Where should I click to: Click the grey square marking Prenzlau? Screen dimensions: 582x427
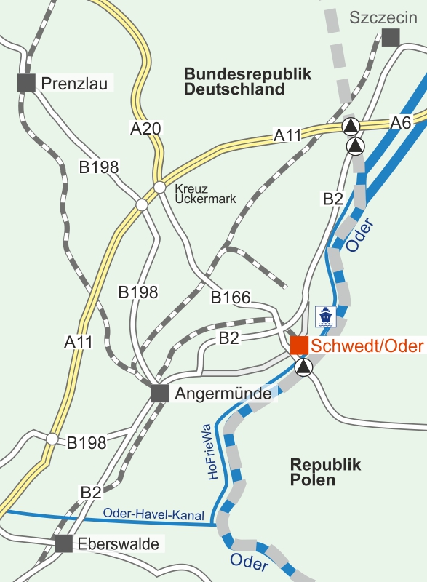pos(26,82)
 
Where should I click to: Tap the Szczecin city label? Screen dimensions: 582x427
pos(378,17)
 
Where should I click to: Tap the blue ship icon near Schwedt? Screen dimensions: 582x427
pos(324,316)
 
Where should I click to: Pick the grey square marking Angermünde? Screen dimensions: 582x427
pos(160,394)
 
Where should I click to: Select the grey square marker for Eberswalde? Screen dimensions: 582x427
pos(64,543)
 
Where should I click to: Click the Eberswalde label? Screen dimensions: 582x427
pos(120,543)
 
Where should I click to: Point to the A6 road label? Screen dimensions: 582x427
pos(401,122)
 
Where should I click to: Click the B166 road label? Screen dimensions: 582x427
pos(231,298)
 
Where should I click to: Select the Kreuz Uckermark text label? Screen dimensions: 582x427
pos(205,193)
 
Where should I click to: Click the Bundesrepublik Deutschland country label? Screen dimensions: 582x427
pos(247,82)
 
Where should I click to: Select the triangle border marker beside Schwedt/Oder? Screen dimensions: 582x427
pos(303,367)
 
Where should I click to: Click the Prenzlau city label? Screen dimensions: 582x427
pos(75,84)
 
